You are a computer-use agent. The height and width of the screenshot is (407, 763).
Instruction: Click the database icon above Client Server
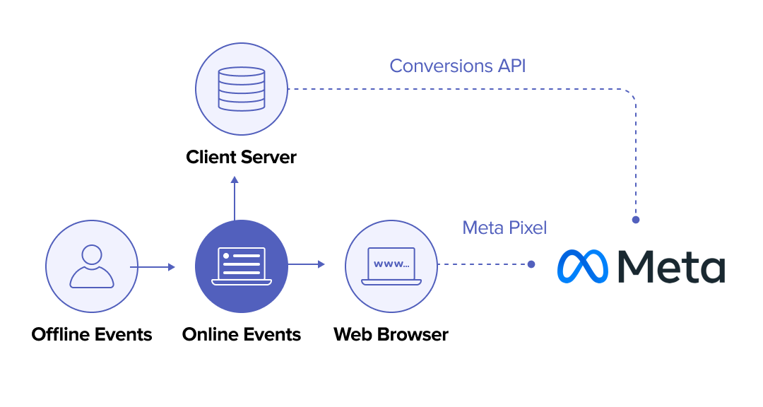point(242,89)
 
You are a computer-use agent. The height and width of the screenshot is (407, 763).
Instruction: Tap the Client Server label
point(242,157)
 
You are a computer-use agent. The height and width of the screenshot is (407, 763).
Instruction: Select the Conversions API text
point(458,66)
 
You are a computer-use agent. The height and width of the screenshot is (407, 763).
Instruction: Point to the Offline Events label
point(92,334)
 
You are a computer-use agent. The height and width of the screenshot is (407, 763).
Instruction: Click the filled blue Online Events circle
point(242,266)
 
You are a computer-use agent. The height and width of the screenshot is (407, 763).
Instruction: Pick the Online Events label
point(242,334)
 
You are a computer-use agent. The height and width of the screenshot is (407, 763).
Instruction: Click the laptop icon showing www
point(391,266)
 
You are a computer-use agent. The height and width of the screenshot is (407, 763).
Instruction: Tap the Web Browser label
point(391,334)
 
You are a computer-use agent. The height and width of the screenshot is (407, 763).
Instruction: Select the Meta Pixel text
point(504,228)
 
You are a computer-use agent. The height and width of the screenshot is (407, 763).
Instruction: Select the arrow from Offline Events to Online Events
point(152,267)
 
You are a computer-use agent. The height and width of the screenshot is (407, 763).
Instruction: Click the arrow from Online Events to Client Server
point(235,198)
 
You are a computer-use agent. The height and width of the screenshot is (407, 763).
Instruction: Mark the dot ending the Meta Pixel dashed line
point(531,264)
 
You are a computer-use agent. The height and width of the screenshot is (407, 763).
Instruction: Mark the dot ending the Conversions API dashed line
point(636,220)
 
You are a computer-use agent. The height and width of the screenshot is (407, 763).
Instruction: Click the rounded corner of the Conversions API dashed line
point(631,95)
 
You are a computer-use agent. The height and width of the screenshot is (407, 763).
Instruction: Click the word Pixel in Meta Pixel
point(524,228)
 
